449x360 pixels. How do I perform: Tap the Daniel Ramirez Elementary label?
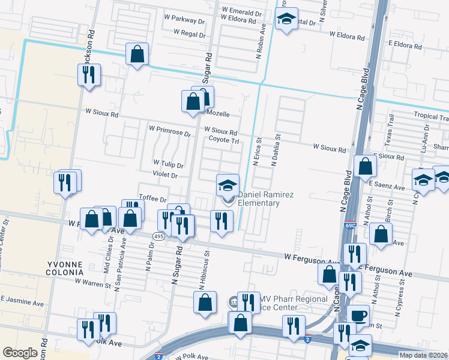point(258,199)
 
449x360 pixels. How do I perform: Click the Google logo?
point(20,353)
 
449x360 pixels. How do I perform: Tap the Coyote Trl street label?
point(224,140)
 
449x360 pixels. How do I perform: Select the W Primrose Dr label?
point(169,128)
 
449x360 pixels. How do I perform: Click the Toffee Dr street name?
point(152,199)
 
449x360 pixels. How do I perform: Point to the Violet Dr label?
point(165,175)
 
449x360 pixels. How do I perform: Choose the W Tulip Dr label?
point(168,164)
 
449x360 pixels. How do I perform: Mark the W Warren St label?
point(93,280)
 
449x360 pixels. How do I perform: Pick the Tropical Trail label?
point(430,115)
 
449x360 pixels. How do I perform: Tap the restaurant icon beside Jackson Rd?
point(89,74)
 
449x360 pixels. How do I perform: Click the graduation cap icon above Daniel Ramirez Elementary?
point(228,184)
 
